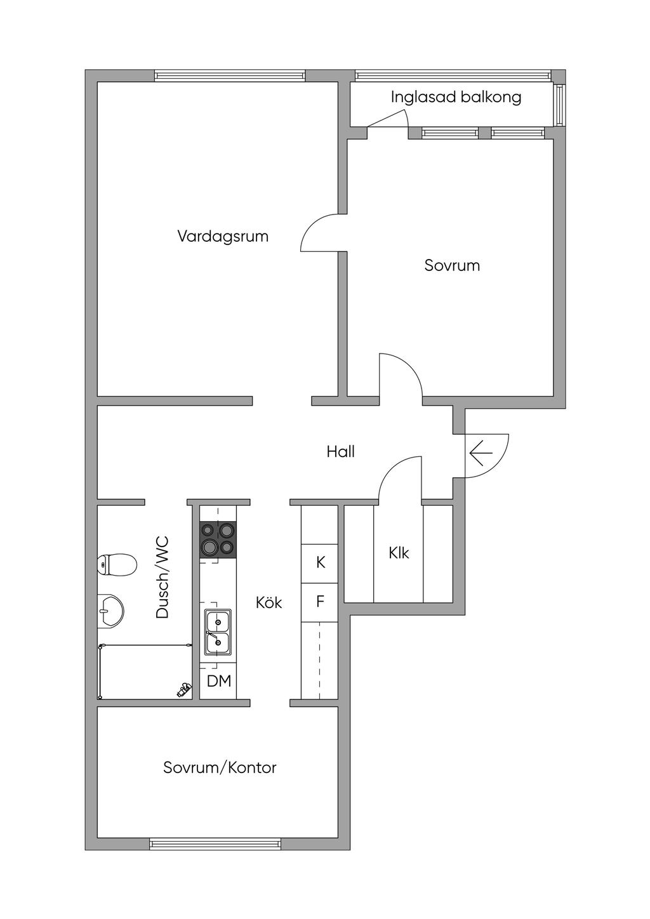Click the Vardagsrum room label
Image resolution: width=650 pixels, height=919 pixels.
click(223, 237)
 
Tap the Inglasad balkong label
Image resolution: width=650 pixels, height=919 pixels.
click(456, 97)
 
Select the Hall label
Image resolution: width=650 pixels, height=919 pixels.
click(341, 452)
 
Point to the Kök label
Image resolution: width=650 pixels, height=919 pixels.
click(269, 602)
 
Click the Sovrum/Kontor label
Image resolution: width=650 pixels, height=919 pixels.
click(220, 768)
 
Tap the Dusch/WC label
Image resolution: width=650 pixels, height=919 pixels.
click(162, 578)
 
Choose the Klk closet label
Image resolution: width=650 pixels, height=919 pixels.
click(399, 553)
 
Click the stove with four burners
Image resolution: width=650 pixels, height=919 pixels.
click(218, 540)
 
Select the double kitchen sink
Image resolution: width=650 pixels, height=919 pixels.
click(218, 631)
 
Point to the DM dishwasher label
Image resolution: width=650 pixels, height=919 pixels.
click(219, 682)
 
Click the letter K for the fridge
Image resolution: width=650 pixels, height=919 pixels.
click(321, 562)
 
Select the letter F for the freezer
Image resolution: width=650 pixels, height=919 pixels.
click(321, 601)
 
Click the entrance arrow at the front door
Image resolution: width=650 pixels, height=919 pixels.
click(481, 453)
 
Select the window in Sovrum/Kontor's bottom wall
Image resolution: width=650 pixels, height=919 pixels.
click(215, 844)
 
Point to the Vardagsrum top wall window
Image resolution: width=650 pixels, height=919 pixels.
click(230, 76)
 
